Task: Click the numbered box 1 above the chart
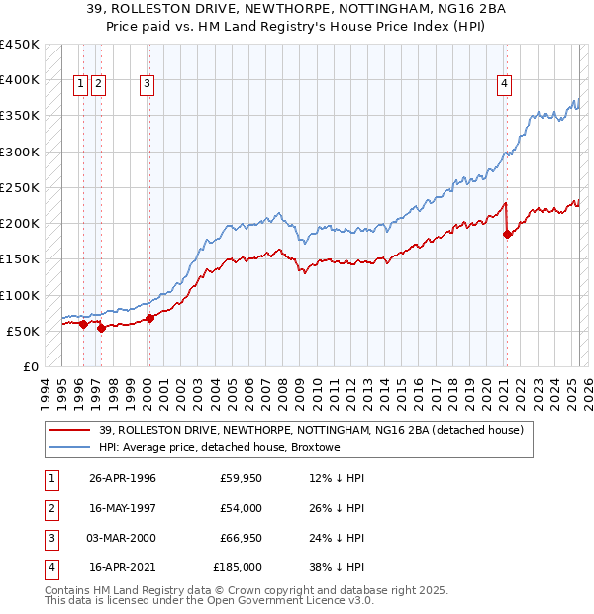coord(80,84)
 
